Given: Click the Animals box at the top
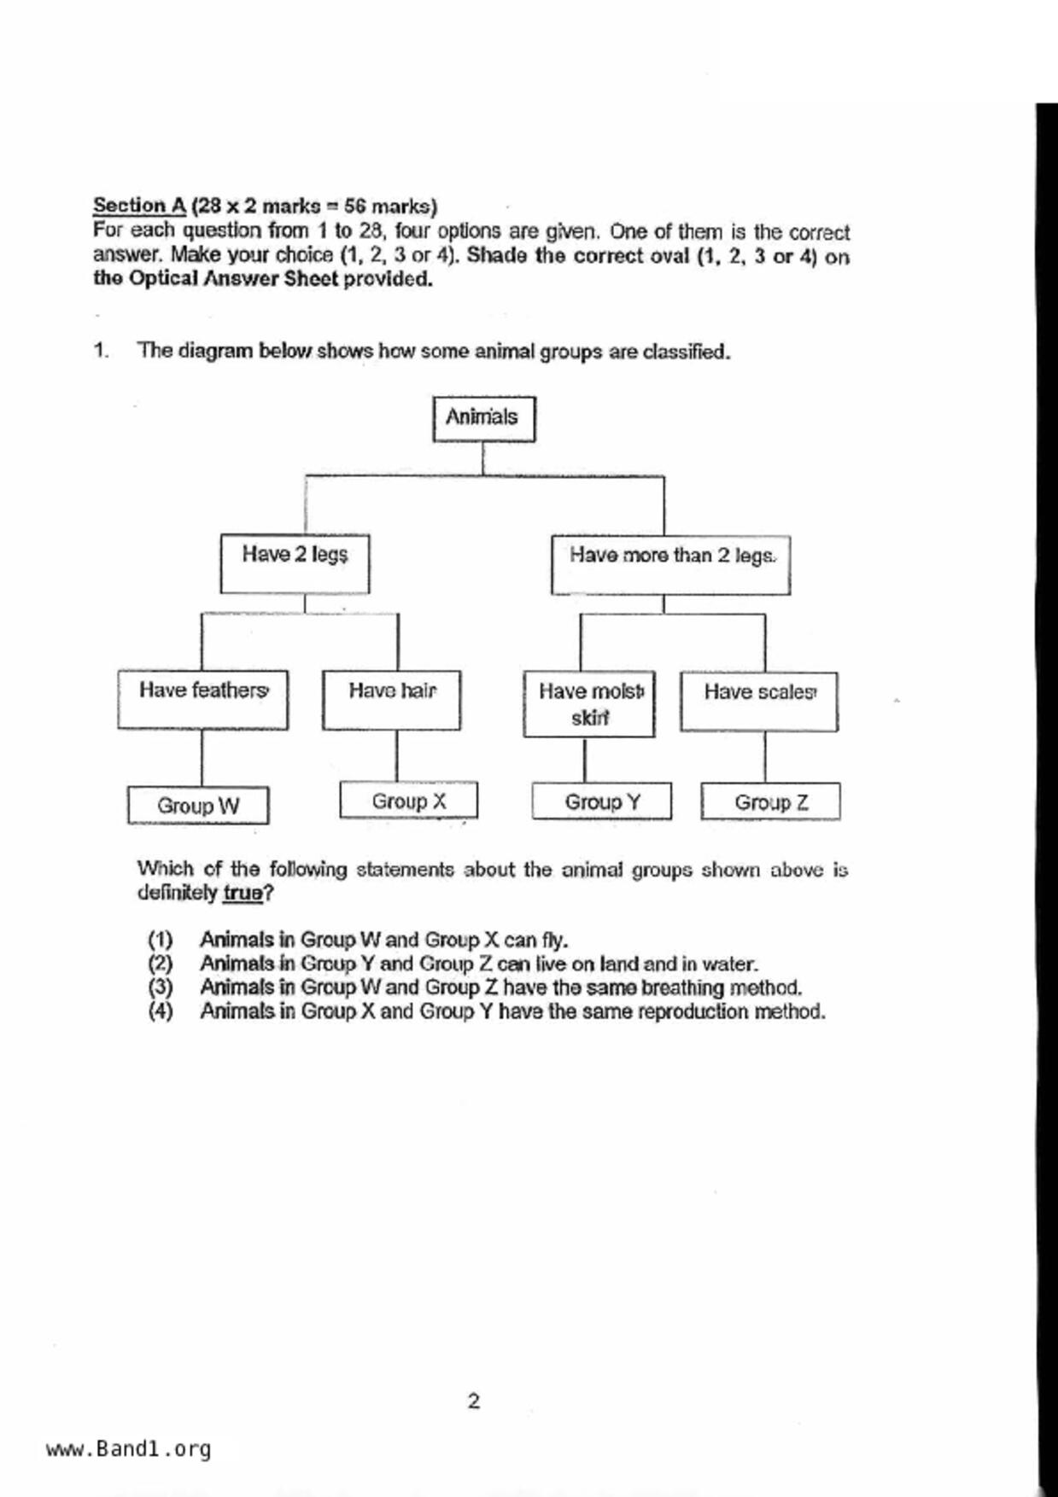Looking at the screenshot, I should (x=483, y=418).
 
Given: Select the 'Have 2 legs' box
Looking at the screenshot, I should (x=295, y=563).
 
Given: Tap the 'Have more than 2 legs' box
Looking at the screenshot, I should (x=670, y=564).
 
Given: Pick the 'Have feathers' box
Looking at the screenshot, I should (x=202, y=700).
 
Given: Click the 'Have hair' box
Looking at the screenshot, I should (x=391, y=700).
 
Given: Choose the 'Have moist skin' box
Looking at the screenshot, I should (x=589, y=704).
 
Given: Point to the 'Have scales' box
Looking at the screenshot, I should (x=758, y=702).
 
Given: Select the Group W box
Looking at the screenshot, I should (x=198, y=805).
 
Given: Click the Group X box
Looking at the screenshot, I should (x=408, y=801).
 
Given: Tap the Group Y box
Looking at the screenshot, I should (x=601, y=801).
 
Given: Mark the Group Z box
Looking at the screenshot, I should (x=770, y=802).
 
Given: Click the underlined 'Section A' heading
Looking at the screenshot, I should (x=139, y=206).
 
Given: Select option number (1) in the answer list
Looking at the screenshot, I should (x=160, y=941).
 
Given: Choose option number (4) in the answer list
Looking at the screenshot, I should (x=160, y=1012).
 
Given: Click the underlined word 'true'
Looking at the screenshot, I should (x=243, y=894).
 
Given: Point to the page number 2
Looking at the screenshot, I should (x=473, y=1401).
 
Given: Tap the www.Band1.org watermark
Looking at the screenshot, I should (x=128, y=1449).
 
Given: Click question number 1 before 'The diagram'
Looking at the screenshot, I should (x=101, y=351).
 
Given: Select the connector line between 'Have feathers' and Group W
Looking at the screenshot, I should (x=202, y=758).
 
